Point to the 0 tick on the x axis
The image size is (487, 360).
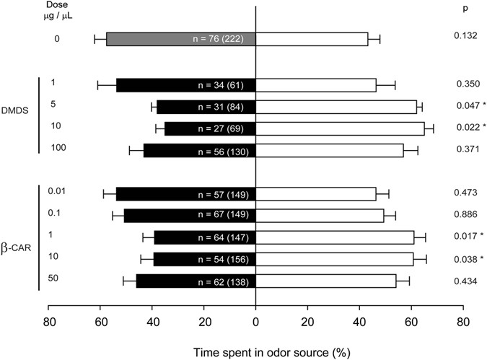(x=256, y=321)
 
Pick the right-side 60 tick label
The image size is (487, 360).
(x=411, y=321)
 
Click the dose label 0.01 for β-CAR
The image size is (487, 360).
(x=58, y=191)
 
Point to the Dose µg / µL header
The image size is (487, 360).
(x=57, y=16)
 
